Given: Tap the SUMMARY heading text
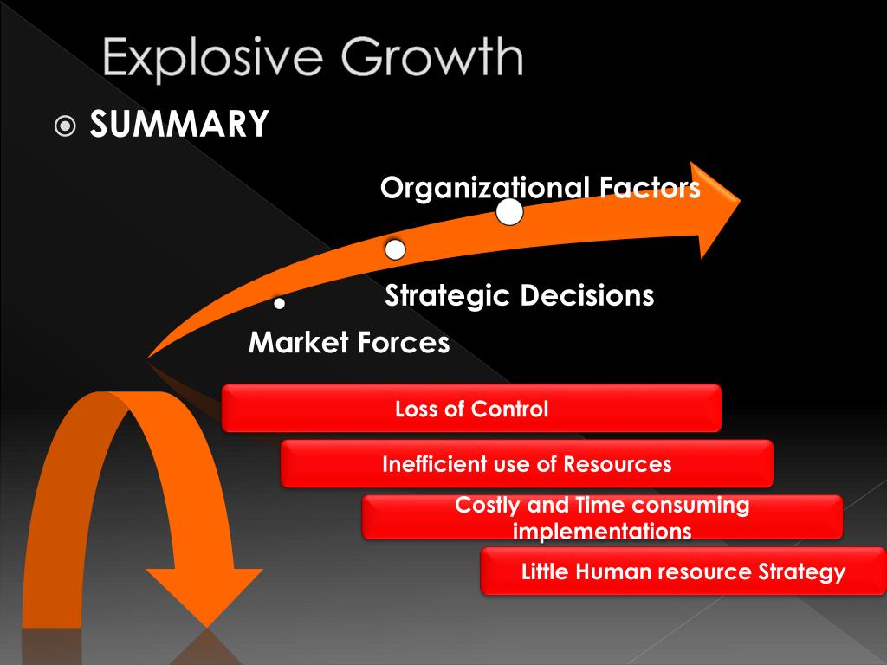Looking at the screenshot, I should point(179,125).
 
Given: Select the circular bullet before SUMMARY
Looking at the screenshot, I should point(66,126).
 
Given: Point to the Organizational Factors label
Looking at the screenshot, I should point(540,187).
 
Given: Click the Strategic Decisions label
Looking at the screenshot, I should point(520,296).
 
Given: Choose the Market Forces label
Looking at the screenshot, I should point(349,343).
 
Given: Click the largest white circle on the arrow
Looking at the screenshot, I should point(509,212).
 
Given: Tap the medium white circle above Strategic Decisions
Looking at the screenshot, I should point(395,250).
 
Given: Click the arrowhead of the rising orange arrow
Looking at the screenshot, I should point(715,209).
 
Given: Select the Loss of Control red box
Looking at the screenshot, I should point(471,409).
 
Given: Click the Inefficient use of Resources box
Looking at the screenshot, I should point(527,464).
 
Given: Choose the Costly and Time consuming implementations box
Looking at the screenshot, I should point(602,518).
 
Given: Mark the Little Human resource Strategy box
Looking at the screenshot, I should point(683,571).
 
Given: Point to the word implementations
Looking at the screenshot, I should point(602,531).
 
